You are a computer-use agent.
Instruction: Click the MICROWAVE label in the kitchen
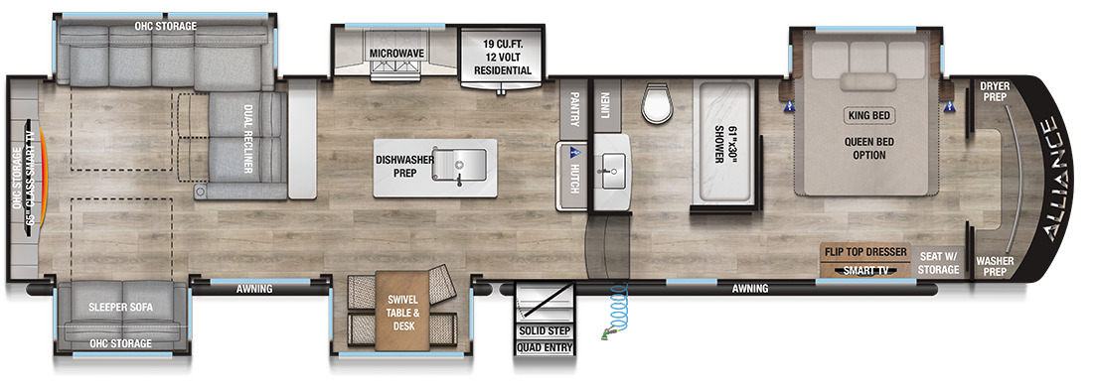click(x=396, y=54)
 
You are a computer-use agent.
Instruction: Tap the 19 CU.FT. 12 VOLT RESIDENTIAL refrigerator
click(x=503, y=59)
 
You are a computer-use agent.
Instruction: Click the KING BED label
click(x=870, y=115)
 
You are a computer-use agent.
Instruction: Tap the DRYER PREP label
click(x=995, y=92)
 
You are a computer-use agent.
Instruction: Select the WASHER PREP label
click(x=995, y=266)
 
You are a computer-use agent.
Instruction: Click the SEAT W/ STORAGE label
click(x=938, y=262)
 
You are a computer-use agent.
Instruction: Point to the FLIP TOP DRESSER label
click(x=866, y=251)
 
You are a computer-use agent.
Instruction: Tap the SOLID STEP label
click(x=545, y=330)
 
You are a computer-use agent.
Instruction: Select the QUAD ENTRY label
click(x=545, y=347)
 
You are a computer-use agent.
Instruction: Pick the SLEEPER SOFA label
click(x=121, y=307)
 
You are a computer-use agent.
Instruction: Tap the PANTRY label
click(x=574, y=110)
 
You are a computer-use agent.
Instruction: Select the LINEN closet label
click(x=604, y=104)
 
